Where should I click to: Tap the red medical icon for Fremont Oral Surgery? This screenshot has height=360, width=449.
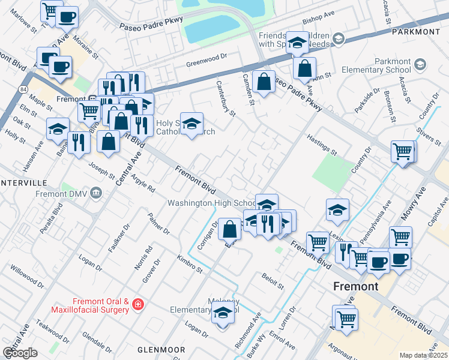pos(139,305)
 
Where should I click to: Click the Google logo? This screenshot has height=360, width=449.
pos(19,353)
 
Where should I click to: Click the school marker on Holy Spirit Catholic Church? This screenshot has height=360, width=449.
pos(191,124)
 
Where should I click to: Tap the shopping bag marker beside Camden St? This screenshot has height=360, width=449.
pos(264,81)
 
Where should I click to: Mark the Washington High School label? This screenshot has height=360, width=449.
pos(211,203)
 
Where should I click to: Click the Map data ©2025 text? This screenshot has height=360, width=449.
pos(423,355)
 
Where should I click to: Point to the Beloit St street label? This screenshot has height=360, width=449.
pos(272,278)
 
